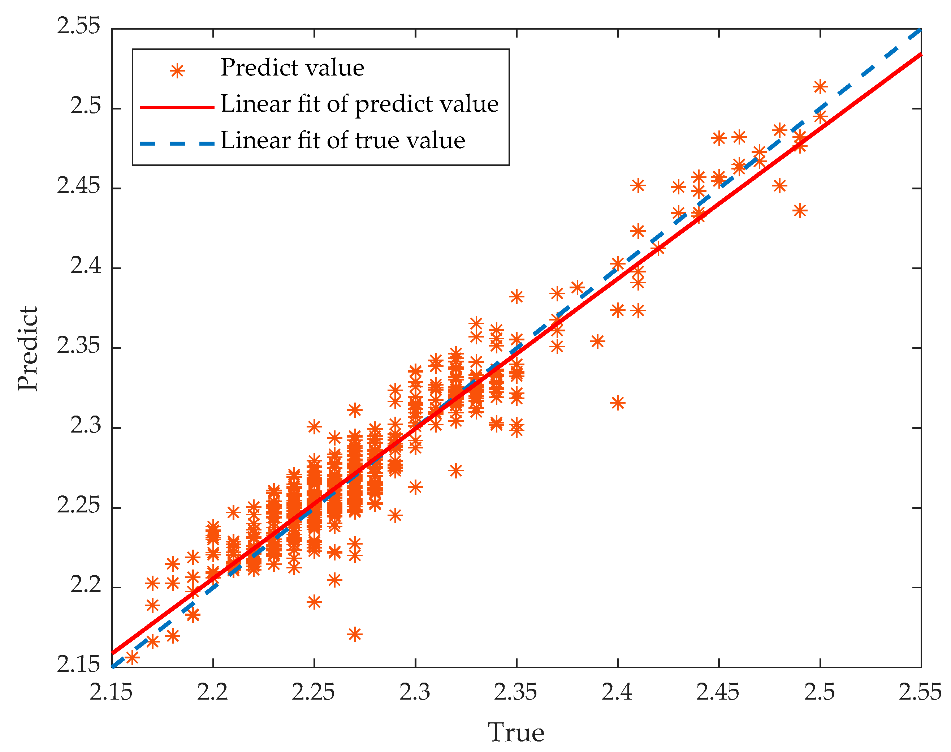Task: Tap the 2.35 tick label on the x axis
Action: (x=515, y=692)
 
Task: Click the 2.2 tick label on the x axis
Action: (x=212, y=692)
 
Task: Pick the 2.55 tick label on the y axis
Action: (x=79, y=26)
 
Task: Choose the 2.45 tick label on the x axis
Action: (x=718, y=692)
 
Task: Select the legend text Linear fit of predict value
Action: (x=359, y=104)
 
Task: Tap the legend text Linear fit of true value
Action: (x=343, y=141)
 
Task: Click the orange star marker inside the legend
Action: (x=177, y=70)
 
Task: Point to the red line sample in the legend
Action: (x=177, y=107)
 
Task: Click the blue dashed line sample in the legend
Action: (x=177, y=143)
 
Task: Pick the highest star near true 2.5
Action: (x=820, y=87)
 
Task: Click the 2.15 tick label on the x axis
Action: (x=111, y=692)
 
